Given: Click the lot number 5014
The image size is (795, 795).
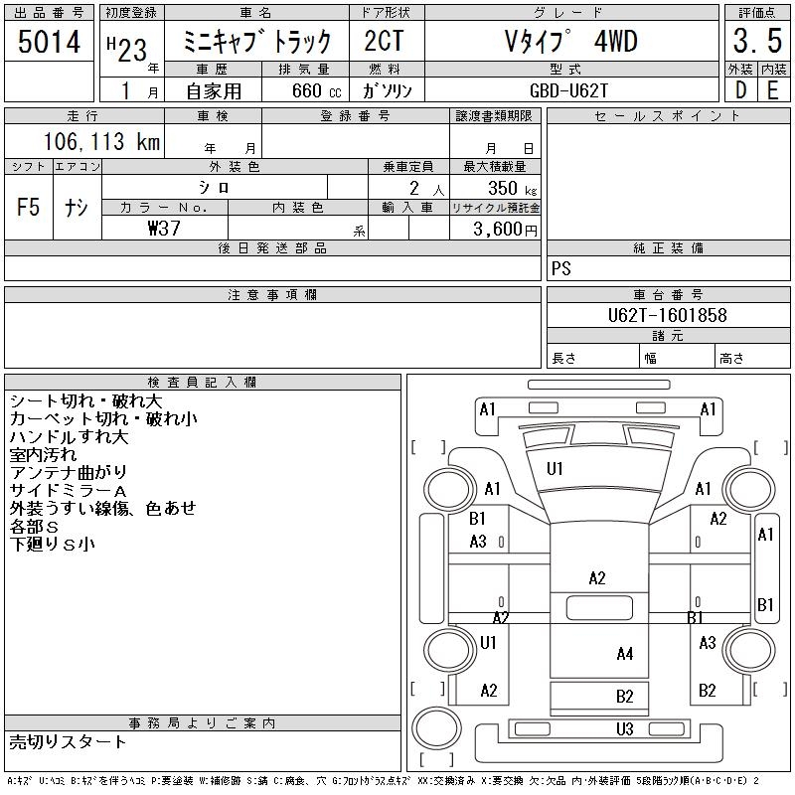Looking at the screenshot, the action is tap(49, 43).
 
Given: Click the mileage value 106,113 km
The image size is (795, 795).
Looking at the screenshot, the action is tap(100, 142).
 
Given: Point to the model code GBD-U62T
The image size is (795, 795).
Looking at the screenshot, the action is tap(570, 90).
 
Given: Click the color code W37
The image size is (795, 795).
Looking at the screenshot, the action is tap(164, 228).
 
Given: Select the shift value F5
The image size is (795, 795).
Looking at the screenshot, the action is tap(28, 208).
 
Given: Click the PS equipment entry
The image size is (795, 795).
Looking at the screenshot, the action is tap(560, 269).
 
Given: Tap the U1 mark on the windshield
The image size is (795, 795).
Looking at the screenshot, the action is tap(555, 468).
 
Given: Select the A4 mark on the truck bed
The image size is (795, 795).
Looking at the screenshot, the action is tap(624, 654).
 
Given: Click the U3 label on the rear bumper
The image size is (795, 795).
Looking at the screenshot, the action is tap(624, 729).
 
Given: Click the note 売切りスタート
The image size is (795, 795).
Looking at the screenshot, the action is tap(69, 741).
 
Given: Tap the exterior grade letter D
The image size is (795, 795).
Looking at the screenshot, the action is tap(740, 89).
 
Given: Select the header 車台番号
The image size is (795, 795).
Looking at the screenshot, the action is tap(667, 295).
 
